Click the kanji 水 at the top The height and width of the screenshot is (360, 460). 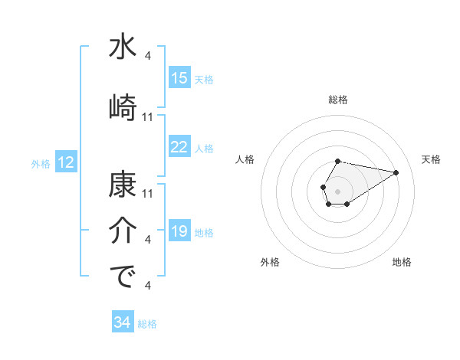(123, 47)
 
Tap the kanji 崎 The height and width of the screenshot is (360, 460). (123, 106)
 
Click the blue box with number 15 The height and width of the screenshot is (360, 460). (179, 78)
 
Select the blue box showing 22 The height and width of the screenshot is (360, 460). (179, 147)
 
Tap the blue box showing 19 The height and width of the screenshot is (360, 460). (179, 231)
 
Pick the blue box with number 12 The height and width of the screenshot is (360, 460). (66, 162)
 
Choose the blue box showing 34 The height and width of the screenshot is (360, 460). (123, 322)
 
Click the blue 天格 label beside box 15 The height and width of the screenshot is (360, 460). (204, 79)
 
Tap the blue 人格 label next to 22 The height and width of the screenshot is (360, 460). (204, 148)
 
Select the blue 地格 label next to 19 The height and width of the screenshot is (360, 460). (204, 232)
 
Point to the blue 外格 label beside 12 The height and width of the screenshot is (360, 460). (41, 163)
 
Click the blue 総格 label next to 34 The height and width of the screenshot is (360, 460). (147, 323)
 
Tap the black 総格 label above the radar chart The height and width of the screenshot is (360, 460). (338, 100)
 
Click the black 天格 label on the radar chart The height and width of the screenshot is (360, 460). (432, 159)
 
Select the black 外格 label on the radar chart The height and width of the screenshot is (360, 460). (270, 262)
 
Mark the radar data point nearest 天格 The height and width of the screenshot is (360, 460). (396, 172)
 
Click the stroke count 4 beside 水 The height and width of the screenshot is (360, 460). (147, 55)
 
